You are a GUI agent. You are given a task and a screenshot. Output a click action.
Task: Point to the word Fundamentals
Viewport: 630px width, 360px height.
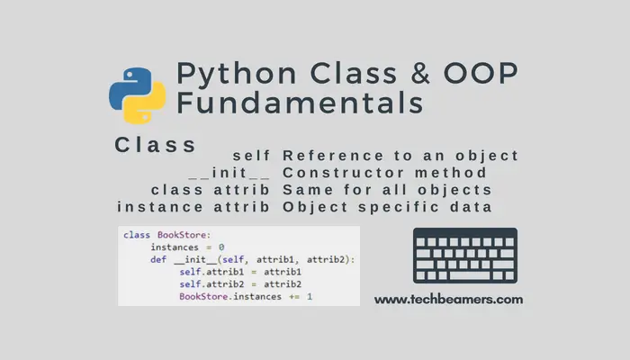pyautogui.click(x=300, y=103)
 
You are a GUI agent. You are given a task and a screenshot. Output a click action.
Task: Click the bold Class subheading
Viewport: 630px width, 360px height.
pyautogui.click(x=156, y=145)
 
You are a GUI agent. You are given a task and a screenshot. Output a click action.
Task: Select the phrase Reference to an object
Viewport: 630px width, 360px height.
pyautogui.click(x=400, y=156)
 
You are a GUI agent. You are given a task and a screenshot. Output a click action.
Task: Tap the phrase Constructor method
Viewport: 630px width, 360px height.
pyautogui.click(x=385, y=173)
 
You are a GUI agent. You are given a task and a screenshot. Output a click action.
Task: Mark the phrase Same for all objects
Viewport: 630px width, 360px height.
pyautogui.click(x=387, y=190)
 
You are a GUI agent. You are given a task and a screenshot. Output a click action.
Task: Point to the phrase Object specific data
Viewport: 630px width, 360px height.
pyautogui.click(x=387, y=207)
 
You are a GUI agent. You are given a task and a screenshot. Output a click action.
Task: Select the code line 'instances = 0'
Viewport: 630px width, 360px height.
pyautogui.click(x=187, y=247)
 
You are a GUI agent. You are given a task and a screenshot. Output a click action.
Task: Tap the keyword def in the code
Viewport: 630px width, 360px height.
pyautogui.click(x=159, y=259)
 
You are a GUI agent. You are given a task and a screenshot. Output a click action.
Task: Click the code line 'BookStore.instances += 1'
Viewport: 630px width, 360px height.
pyautogui.click(x=245, y=296)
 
